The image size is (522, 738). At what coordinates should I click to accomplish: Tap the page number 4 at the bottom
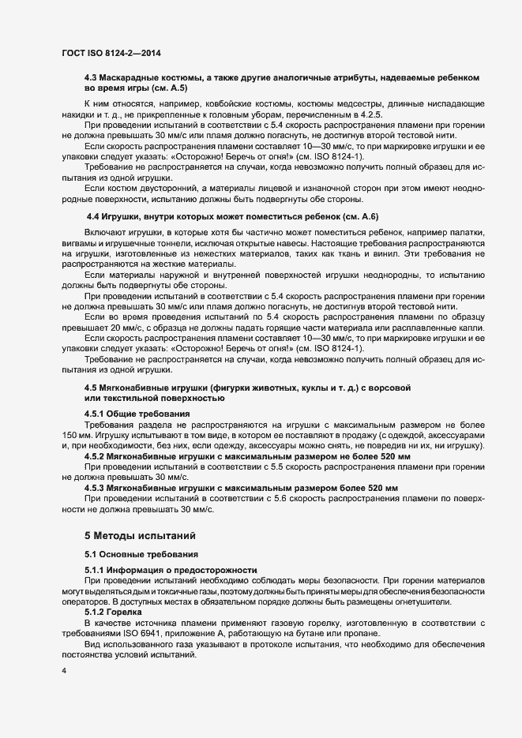62,672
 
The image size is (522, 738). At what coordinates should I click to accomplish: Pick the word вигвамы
81,243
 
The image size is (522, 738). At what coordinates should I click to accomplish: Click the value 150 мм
77,435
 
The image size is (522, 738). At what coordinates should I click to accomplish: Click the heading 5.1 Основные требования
136,554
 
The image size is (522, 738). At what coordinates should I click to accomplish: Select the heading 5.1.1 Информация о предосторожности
170,569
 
